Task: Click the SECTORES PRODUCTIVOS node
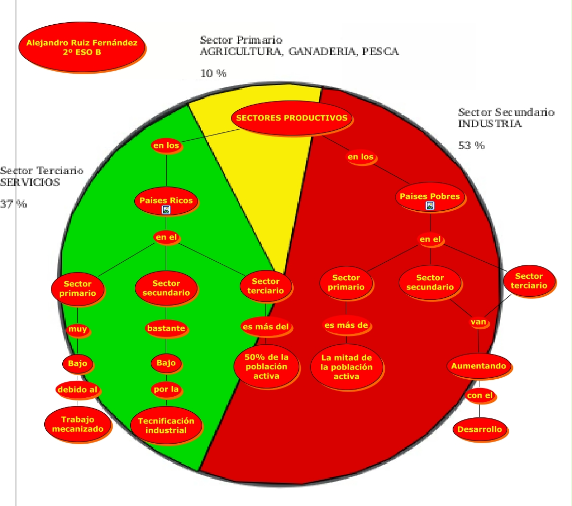[x=292, y=118]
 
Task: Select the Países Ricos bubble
[x=166, y=200]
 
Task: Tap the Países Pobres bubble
[x=430, y=196]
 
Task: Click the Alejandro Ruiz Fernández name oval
[x=82, y=47]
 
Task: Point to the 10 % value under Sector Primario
[x=213, y=73]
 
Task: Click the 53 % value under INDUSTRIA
[x=471, y=145]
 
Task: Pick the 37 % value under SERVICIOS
[x=14, y=204]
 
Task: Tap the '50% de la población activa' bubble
[x=266, y=366]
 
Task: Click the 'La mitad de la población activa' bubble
[x=346, y=367]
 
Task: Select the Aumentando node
[x=478, y=366]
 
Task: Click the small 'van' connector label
[x=478, y=322]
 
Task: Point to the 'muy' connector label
[x=78, y=329]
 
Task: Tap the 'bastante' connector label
[x=166, y=329]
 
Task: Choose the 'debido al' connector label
[x=77, y=390]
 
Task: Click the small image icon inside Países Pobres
[x=430, y=206]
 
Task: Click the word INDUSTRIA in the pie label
[x=490, y=124]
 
